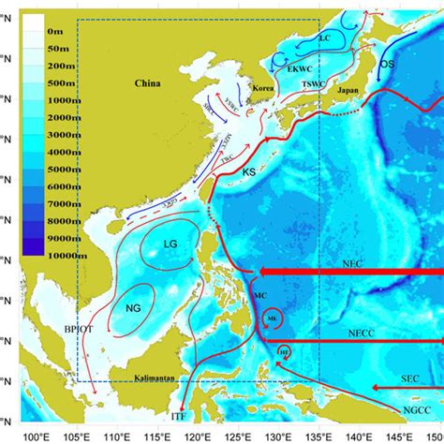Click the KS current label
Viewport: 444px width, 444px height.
click(249, 173)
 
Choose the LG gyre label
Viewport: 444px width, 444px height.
click(170, 244)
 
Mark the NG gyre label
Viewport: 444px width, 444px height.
click(132, 307)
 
